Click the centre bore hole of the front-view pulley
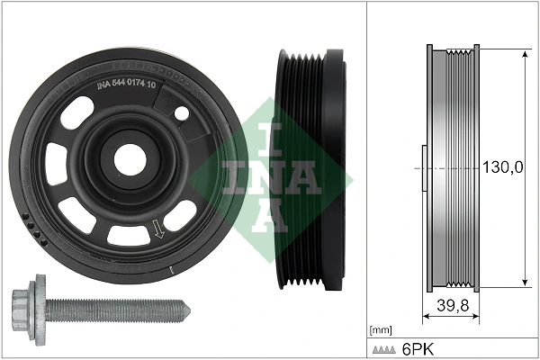tap(130, 160)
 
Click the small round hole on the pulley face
tap(182, 114)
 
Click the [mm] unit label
tap(382, 330)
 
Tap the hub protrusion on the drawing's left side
tap(422, 167)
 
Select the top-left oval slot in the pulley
tap(78, 113)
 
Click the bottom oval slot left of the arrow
tap(123, 235)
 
